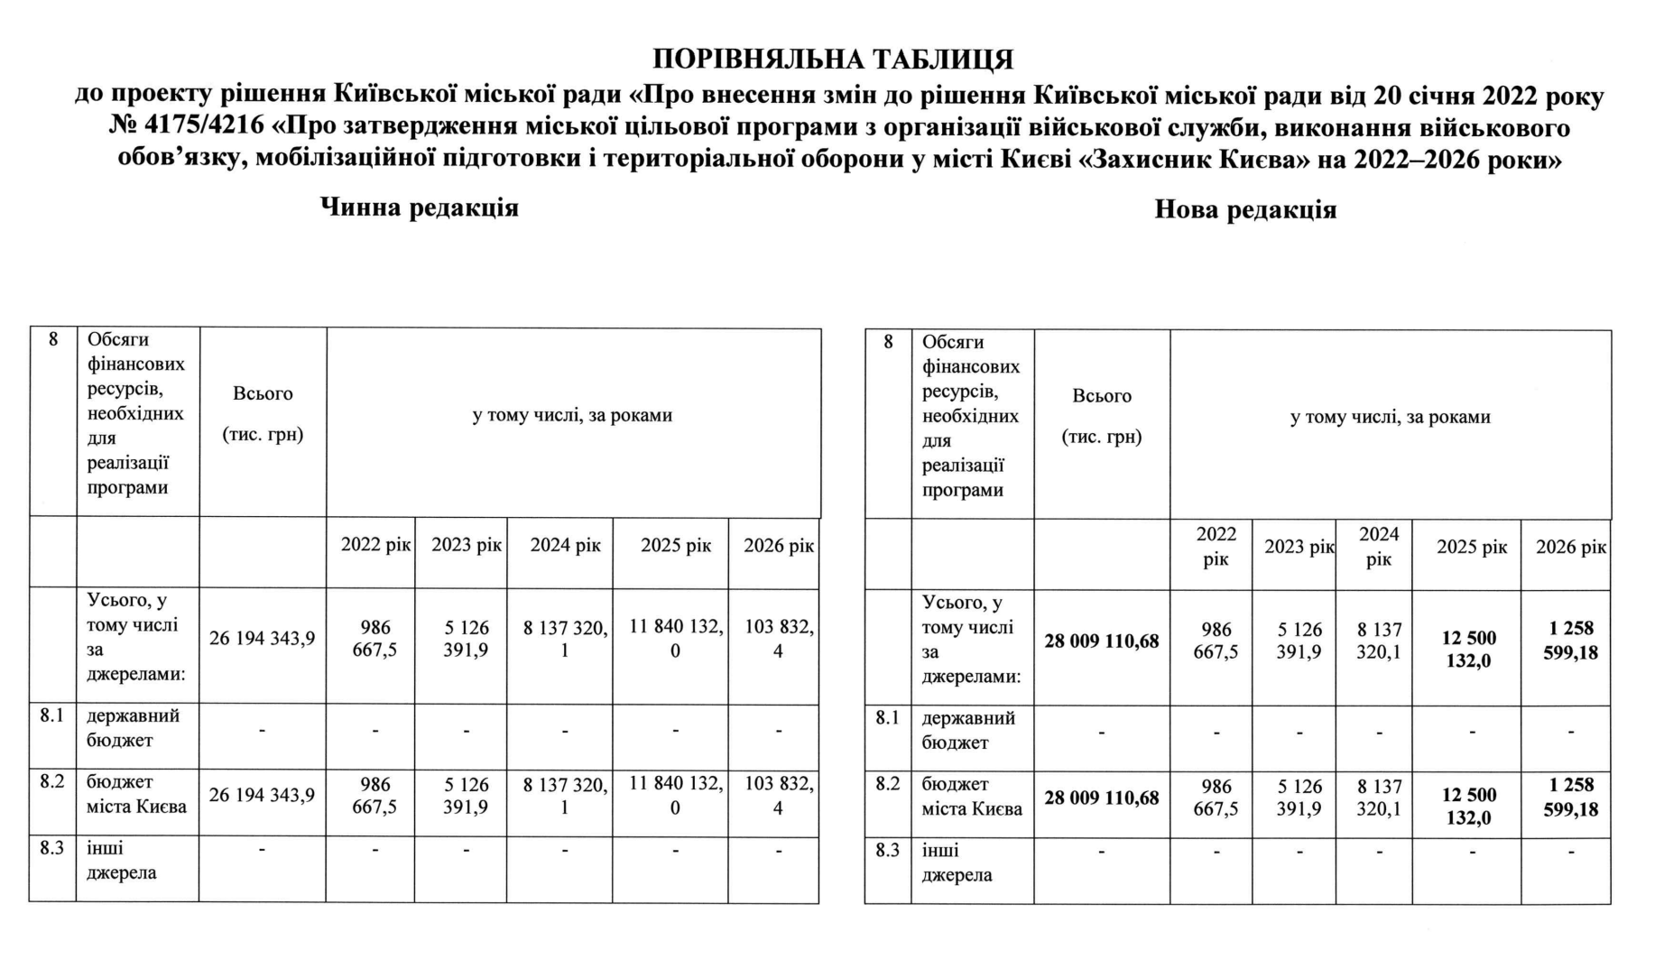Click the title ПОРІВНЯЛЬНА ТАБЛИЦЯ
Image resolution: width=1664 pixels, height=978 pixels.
832,60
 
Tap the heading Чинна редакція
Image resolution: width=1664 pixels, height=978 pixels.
420,208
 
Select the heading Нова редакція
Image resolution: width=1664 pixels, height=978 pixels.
1245,210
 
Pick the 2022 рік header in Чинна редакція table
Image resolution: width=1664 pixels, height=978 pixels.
375,546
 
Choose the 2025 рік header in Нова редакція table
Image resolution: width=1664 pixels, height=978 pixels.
1472,548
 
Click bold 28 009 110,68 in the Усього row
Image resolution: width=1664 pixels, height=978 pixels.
1102,641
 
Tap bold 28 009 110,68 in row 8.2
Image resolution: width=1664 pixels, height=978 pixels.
1102,798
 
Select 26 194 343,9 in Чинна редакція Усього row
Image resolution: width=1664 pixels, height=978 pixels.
263,639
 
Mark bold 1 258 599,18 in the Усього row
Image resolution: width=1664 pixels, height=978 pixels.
1571,641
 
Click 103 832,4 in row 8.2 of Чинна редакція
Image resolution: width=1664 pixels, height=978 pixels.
779,796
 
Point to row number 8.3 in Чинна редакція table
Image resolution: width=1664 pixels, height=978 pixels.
52,849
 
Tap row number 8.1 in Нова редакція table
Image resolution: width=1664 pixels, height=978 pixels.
888,719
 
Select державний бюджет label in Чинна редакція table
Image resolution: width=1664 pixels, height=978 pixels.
133,728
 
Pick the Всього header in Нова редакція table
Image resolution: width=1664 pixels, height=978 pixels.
1102,396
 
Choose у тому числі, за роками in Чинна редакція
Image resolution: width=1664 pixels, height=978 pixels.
572,416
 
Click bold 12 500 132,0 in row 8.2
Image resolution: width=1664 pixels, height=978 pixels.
1469,807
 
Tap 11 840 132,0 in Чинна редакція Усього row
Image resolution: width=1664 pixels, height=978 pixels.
676,639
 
